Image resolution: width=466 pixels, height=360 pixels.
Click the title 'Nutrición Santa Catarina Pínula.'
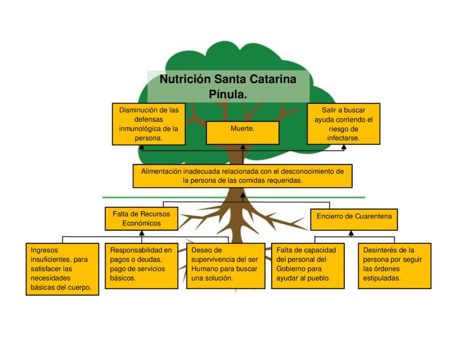(x=228, y=86)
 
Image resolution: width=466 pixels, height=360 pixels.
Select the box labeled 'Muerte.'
(x=243, y=132)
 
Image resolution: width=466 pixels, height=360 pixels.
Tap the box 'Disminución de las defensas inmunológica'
(x=149, y=124)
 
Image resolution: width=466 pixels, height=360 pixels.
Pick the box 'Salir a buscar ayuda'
(x=344, y=123)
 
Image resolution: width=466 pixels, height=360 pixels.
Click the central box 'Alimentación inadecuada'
(x=243, y=176)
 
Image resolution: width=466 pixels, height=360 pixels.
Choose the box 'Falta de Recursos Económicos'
(x=142, y=218)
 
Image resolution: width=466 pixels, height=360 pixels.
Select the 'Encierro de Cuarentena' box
(x=354, y=219)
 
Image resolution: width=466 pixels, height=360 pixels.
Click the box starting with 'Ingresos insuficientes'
(x=62, y=269)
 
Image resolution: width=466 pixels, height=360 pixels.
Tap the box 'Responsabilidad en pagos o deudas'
(x=141, y=265)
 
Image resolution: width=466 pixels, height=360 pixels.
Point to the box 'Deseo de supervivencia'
(x=226, y=265)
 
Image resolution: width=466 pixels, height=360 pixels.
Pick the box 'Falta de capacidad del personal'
(x=308, y=265)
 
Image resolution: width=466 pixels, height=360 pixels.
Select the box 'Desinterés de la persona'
(x=394, y=265)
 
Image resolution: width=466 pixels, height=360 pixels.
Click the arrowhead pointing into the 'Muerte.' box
(x=243, y=147)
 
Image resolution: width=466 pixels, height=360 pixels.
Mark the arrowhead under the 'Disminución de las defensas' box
(x=142, y=147)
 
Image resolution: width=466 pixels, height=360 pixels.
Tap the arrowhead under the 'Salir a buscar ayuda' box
(x=344, y=147)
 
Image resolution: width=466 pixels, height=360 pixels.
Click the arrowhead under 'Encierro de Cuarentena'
(x=351, y=233)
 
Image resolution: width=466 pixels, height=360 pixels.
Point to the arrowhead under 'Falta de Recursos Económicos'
(x=142, y=233)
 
